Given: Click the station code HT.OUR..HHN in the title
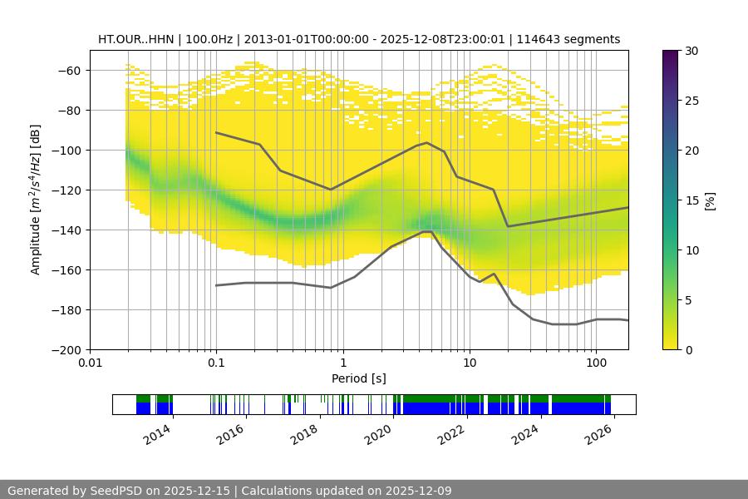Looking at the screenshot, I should click(137, 39).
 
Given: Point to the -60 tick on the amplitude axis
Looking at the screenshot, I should click(68, 71).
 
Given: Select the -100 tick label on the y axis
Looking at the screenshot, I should click(65, 151).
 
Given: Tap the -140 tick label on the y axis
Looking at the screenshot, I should click(65, 230).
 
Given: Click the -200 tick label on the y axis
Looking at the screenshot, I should click(65, 350).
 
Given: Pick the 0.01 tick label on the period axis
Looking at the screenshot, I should click(90, 363).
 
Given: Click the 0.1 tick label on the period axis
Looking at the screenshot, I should click(216, 363).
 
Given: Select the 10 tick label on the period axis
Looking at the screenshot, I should click(470, 363).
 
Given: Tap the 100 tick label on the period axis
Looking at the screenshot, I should click(596, 363).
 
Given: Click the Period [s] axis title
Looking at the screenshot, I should click(359, 378).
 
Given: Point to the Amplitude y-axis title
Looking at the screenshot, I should click(36, 200).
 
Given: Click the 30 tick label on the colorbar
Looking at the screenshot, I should click(691, 51).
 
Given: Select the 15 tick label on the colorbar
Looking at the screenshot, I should click(691, 200).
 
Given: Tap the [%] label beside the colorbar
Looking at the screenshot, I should click(710, 200).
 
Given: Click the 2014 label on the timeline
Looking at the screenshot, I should click(157, 434).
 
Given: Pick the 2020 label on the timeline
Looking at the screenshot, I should click(379, 434).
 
